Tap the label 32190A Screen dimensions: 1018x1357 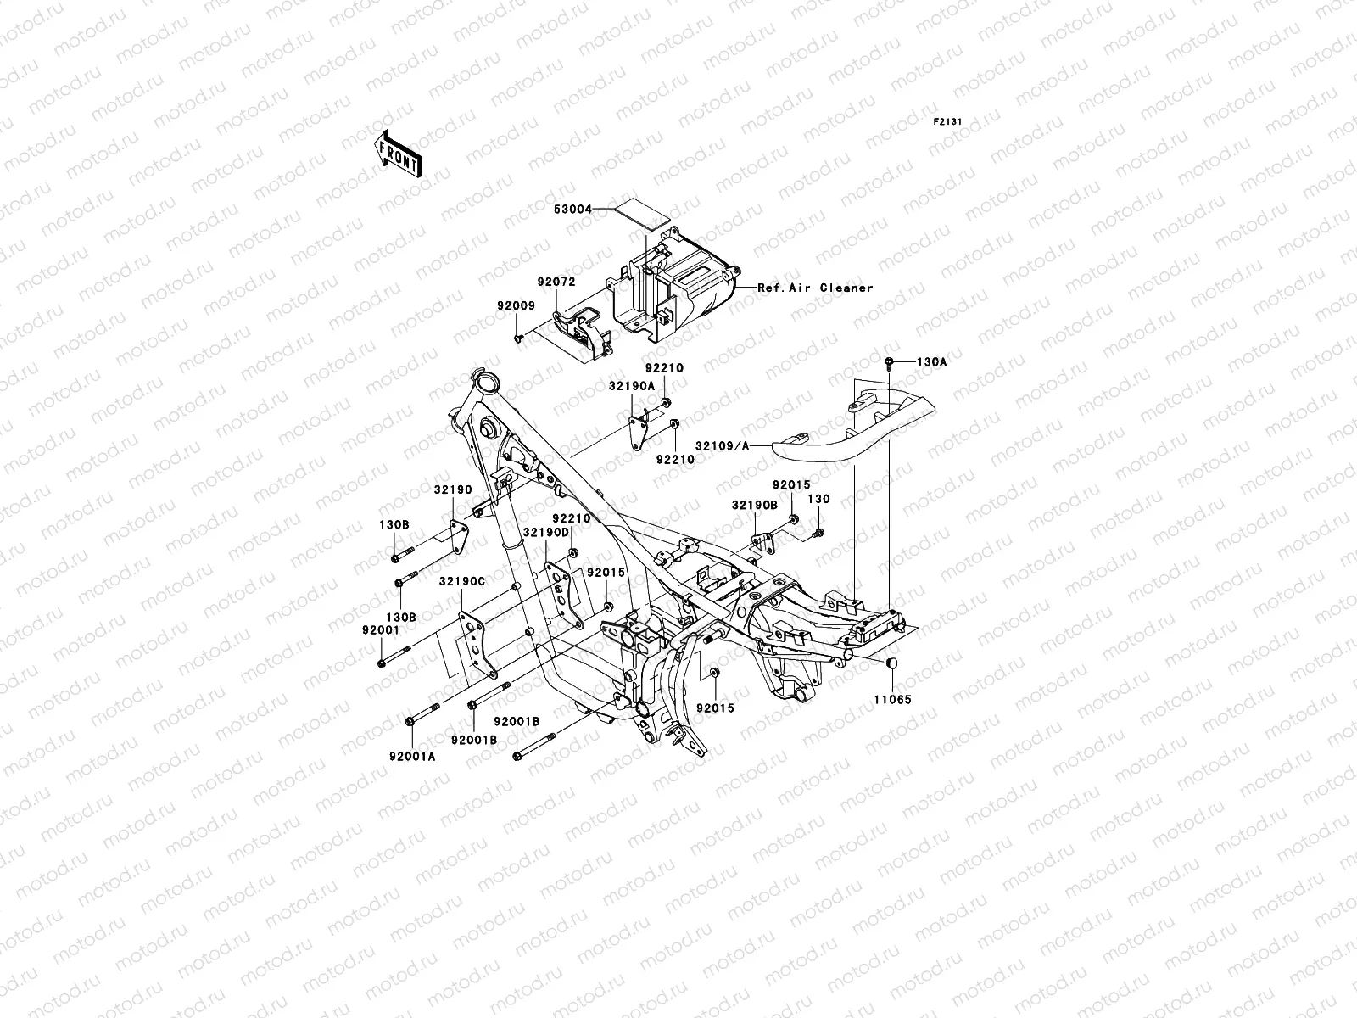631,385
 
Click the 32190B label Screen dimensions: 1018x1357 753,504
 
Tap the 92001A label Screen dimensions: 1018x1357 412,757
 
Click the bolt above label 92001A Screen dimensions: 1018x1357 410,720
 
